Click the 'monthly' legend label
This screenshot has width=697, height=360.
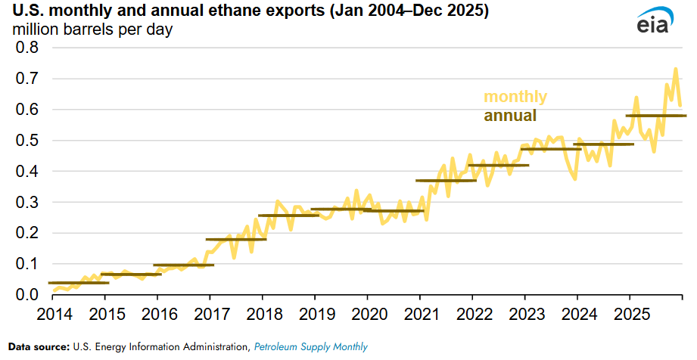click(x=515, y=97)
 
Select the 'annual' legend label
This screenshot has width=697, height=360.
click(x=510, y=116)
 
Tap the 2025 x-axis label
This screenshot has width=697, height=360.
click(x=630, y=314)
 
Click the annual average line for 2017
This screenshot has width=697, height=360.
click(x=236, y=239)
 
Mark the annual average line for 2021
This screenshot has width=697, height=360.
click(x=446, y=181)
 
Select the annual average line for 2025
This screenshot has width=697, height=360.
click(x=655, y=116)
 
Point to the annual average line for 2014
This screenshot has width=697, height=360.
click(x=79, y=283)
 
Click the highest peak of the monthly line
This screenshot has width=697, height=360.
click(x=675, y=69)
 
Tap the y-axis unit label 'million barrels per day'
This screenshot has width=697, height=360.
click(x=91, y=31)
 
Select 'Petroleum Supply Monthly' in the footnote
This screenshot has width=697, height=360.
click(x=310, y=347)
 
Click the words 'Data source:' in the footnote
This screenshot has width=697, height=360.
click(x=39, y=347)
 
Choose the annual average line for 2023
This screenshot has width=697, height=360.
click(x=550, y=149)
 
